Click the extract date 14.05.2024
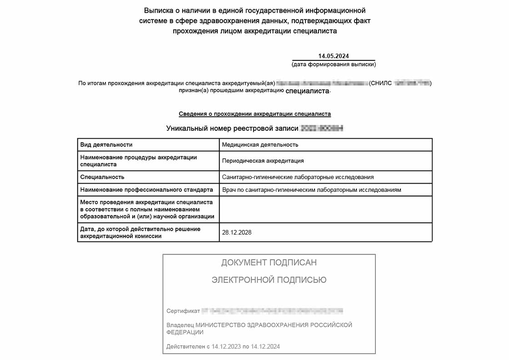tap(334, 56)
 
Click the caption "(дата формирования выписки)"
tap(334, 65)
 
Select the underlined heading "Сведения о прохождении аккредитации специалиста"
tap(254, 114)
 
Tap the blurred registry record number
tap(322, 129)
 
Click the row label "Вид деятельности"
tap(106, 145)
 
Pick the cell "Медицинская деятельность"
tap(260, 145)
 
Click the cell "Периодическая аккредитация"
tap(263, 161)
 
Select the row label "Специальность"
tap(102, 177)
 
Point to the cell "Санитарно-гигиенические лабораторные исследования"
tap(298, 177)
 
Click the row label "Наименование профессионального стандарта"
tap(146, 190)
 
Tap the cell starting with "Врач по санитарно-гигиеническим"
tap(311, 190)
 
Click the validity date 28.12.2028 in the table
tap(237, 232)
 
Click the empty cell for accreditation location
tap(325, 209)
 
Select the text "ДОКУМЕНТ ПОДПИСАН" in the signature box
tap(269, 263)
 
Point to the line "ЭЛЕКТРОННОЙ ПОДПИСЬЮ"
tap(269, 280)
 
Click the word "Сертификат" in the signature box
tap(183, 311)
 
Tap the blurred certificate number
tap(272, 311)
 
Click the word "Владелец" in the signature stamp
tap(180, 325)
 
